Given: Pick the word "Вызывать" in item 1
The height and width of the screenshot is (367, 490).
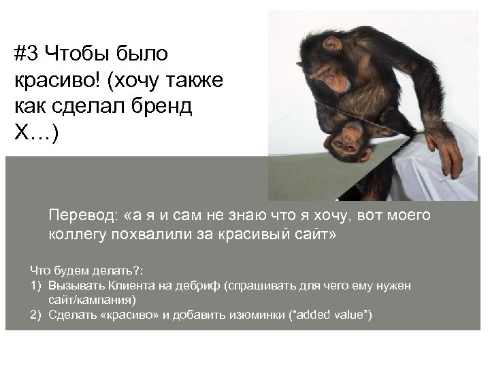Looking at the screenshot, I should [78, 286].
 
